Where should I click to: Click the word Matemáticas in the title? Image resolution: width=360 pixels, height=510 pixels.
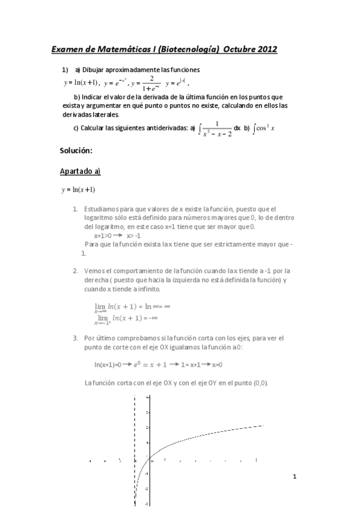point(120,50)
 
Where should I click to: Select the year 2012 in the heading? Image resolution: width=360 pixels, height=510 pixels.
point(265,50)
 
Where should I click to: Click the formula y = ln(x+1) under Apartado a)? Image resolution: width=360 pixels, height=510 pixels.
point(78,190)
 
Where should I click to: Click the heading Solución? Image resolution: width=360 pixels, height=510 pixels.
point(76,150)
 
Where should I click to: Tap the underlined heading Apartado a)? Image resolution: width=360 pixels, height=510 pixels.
point(80,171)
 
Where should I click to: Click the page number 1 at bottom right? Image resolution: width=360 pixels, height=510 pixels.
point(294,476)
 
